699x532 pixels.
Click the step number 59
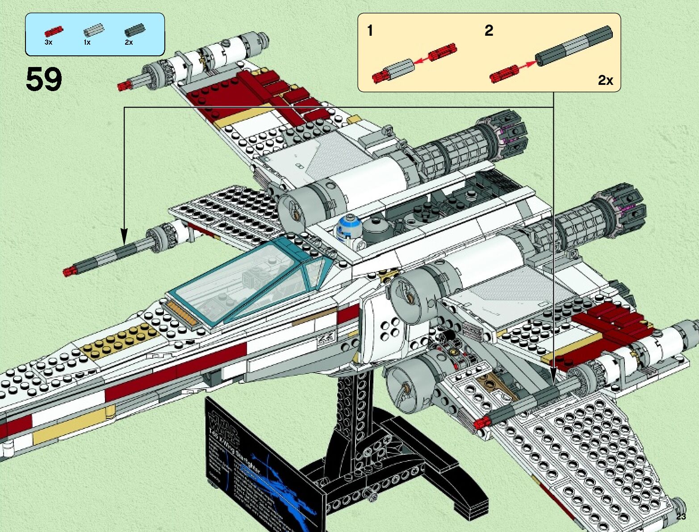(44, 80)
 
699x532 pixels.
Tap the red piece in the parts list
(54, 31)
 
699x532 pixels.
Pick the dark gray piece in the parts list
(134, 30)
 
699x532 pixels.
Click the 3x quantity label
(48, 42)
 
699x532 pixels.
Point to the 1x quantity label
(87, 42)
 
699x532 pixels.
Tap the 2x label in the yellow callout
(605, 80)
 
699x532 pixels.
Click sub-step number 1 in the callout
(370, 31)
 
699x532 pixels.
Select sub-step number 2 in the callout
(489, 31)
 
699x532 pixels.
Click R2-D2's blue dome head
(349, 222)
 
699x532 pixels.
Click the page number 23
(681, 517)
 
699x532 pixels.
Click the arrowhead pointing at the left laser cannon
(124, 237)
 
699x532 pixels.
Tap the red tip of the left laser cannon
(68, 271)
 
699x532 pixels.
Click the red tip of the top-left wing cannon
(122, 86)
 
